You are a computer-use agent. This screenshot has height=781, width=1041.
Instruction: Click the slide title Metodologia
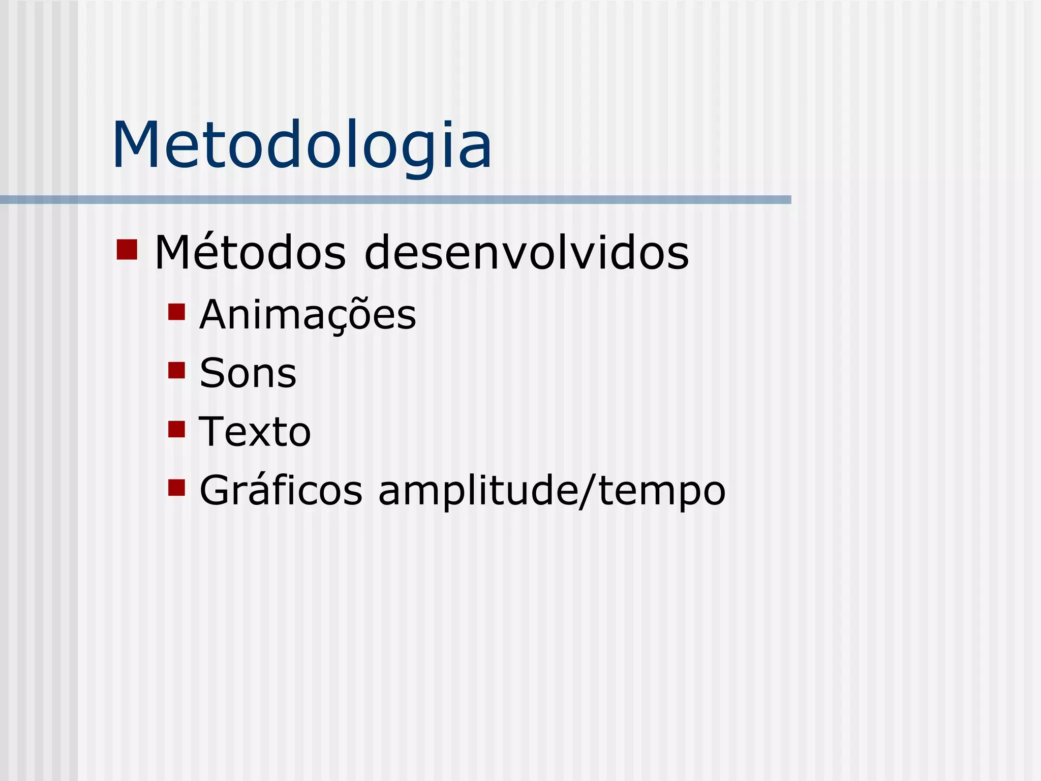(302, 146)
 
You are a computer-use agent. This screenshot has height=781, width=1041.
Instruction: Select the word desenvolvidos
(527, 253)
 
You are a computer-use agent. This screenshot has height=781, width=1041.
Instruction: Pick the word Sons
(248, 374)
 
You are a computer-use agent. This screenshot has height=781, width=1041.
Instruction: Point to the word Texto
(254, 432)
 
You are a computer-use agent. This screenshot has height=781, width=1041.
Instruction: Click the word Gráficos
(281, 491)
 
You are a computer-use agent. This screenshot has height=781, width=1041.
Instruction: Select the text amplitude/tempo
(552, 491)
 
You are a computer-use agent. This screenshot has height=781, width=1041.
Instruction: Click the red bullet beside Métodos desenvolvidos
(127, 249)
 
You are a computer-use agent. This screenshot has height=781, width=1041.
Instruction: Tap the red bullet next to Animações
(176, 312)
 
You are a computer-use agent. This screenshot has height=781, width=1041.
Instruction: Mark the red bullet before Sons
(176, 370)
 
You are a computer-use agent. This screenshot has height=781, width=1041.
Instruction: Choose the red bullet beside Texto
(176, 429)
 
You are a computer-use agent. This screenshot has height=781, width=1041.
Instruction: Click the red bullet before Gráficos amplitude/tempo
(176, 488)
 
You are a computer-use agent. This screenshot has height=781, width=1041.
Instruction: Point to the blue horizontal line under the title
(395, 200)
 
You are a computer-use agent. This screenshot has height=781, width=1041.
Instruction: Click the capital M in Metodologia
(136, 146)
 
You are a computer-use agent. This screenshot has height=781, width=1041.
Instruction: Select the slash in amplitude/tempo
(589, 491)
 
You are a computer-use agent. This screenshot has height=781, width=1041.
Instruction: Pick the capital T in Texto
(213, 432)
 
